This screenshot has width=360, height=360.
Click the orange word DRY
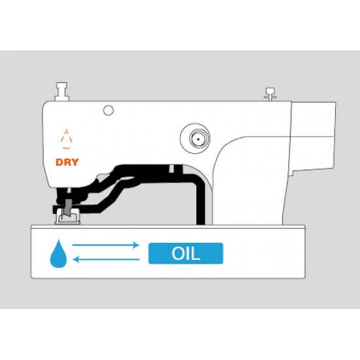click(x=67, y=162)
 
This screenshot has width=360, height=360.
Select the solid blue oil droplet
click(x=58, y=254)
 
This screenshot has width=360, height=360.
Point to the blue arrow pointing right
click(x=105, y=245)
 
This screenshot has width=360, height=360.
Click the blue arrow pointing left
click(x=106, y=260)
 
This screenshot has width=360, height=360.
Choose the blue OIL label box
click(x=186, y=253)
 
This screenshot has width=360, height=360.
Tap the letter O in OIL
click(x=178, y=253)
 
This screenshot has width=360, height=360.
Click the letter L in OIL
click(x=196, y=253)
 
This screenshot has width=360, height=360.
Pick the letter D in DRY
click(x=60, y=162)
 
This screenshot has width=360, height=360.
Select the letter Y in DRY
click(x=75, y=162)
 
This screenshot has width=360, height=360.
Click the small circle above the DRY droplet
click(x=109, y=111)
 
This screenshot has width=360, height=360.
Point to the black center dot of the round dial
click(x=198, y=139)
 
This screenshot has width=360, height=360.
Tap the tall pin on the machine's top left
click(x=62, y=92)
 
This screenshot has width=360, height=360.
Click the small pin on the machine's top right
click(x=270, y=94)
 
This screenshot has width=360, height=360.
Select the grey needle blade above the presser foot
click(x=68, y=207)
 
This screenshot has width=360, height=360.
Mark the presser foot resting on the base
click(x=67, y=216)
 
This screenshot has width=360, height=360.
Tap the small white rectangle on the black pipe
click(x=171, y=169)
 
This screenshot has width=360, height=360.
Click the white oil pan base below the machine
click(x=168, y=252)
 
